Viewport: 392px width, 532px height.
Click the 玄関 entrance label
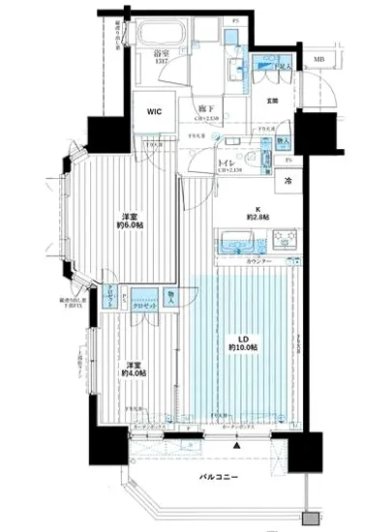click(274, 101)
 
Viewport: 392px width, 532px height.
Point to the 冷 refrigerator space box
click(288, 179)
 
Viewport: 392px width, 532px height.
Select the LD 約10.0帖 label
click(242, 340)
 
